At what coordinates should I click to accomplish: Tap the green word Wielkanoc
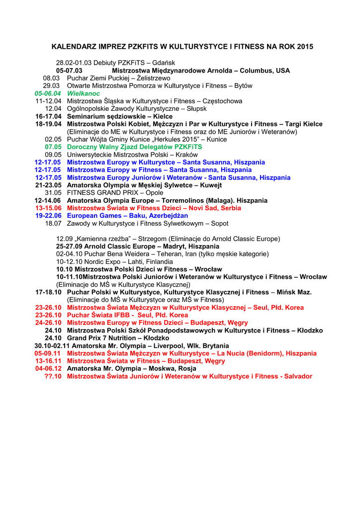click(84, 93)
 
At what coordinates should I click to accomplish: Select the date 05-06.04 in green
click(48, 93)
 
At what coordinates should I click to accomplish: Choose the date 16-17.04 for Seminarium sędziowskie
click(48, 116)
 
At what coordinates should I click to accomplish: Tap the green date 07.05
click(53, 147)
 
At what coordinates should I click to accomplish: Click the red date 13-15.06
click(48, 208)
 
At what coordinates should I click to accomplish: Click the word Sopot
click(220, 224)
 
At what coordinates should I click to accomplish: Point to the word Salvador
click(298, 376)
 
